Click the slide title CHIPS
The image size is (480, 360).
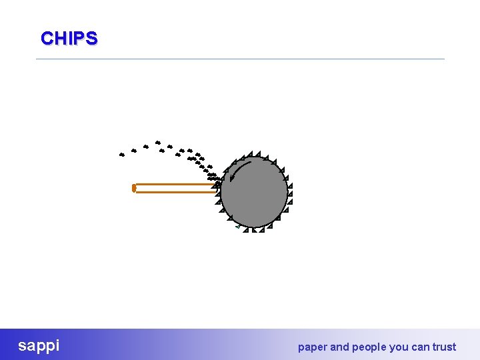click(x=69, y=38)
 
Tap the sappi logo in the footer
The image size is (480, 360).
click(x=39, y=345)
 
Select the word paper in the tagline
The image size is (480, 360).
click(x=312, y=347)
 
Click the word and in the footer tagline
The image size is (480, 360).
click(x=339, y=347)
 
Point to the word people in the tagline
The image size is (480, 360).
click(x=368, y=347)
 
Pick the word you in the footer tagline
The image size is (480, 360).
click(x=398, y=347)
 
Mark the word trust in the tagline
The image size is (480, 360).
click(x=444, y=347)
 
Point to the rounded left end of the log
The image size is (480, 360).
click(x=134, y=188)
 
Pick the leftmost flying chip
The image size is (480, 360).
click(x=121, y=155)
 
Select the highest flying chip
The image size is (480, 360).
click(x=157, y=142)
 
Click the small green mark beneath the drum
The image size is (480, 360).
click(x=237, y=227)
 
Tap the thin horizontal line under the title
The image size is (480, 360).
click(x=240, y=59)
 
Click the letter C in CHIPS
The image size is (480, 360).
click(x=46, y=38)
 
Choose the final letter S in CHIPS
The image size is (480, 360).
click(x=91, y=38)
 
